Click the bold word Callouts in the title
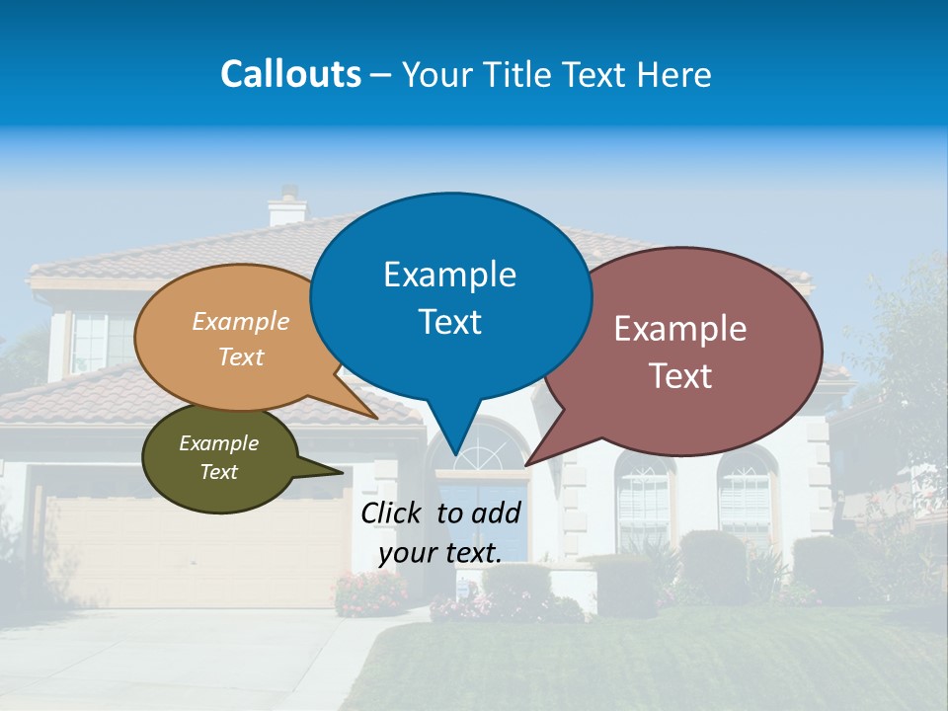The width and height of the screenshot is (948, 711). pyautogui.click(x=290, y=74)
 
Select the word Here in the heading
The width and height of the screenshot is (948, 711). pyautogui.click(x=674, y=74)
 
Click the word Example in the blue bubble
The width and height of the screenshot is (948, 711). pyautogui.click(x=449, y=275)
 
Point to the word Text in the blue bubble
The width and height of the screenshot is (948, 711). pyautogui.click(x=449, y=322)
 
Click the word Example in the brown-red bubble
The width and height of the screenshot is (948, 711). pyautogui.click(x=680, y=329)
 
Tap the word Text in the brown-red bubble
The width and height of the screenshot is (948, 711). pyautogui.click(x=680, y=376)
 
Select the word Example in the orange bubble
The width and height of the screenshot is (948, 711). pyautogui.click(x=241, y=321)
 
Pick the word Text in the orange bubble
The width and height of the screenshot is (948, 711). pyautogui.click(x=241, y=356)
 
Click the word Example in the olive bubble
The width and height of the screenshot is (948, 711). pyautogui.click(x=218, y=443)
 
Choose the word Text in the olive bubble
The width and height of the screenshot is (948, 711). pyautogui.click(x=218, y=472)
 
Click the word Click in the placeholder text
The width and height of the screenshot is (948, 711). pyautogui.click(x=393, y=513)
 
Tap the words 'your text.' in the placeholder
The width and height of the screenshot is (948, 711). pyautogui.click(x=440, y=553)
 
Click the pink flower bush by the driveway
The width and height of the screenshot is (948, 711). pyautogui.click(x=370, y=592)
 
